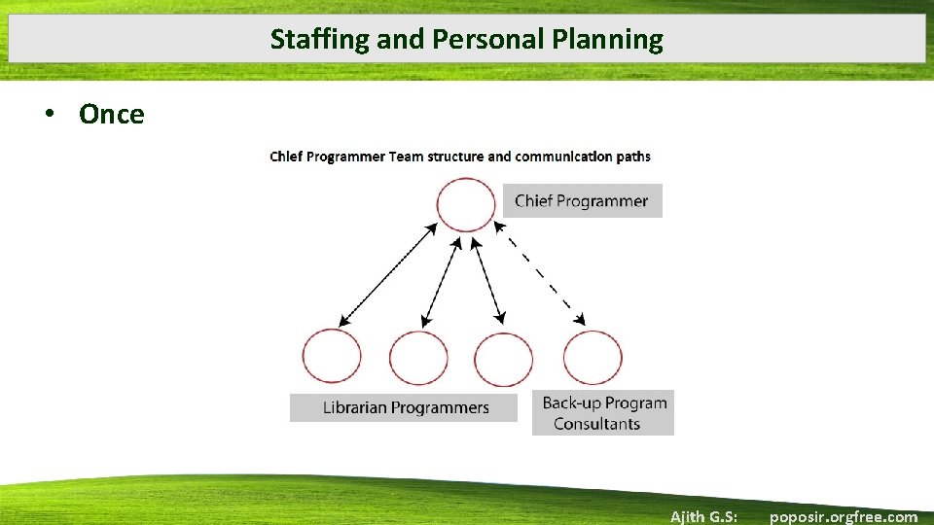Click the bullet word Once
(x=111, y=115)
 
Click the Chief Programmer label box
(x=582, y=201)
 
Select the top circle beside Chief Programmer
(x=466, y=204)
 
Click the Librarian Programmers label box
(x=405, y=407)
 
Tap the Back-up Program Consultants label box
(x=603, y=412)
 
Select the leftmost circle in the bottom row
(x=332, y=357)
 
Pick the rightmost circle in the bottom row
(x=593, y=357)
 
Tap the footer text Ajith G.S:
(x=703, y=516)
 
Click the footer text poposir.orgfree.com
(x=843, y=516)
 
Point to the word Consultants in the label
(x=596, y=424)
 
